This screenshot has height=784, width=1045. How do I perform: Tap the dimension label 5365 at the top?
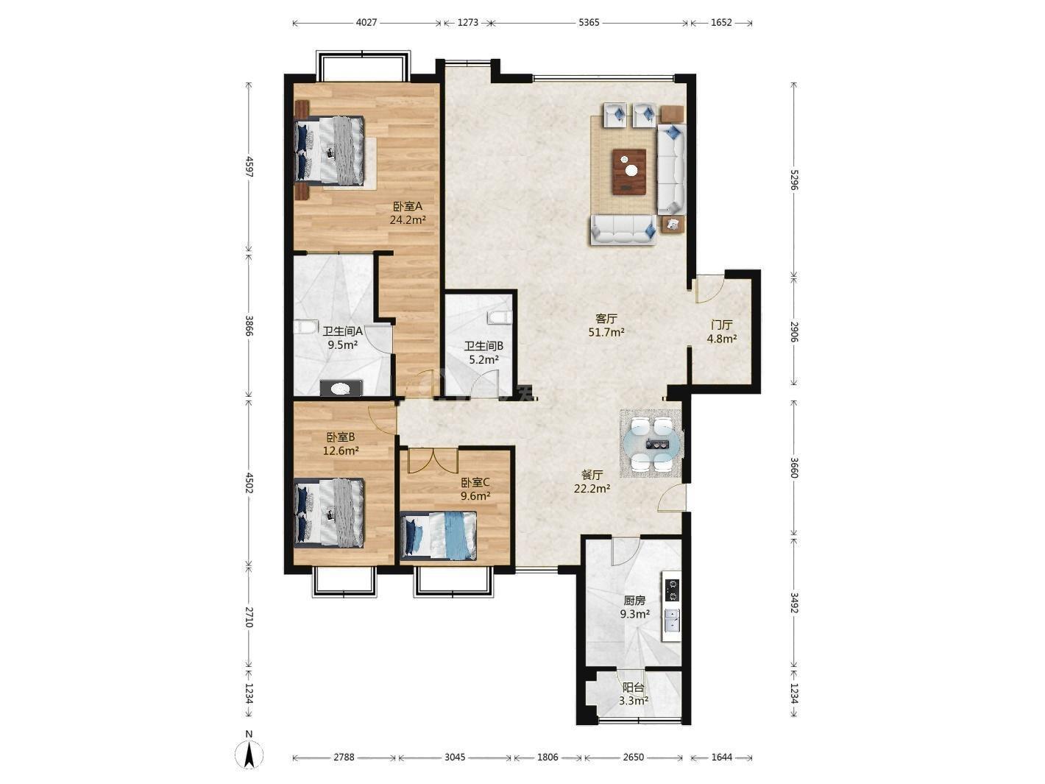pos(589,23)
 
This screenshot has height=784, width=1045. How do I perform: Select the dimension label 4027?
pos(366,23)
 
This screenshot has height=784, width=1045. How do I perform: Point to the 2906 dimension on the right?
pos(793,331)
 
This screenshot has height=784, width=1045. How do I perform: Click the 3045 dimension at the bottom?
pos(454,757)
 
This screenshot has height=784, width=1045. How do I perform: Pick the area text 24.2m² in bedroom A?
pos(408,220)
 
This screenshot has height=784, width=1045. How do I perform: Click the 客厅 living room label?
pos(606,319)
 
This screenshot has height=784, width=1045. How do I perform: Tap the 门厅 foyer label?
pos(721,325)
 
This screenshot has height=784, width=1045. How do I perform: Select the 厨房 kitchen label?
pos(634,601)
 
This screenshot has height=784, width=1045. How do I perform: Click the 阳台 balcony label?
pos(633,688)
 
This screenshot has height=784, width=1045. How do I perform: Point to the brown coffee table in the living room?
pos(629,172)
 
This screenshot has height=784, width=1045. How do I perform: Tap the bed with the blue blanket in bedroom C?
pos(439,535)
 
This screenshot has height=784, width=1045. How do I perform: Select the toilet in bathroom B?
pos(500,317)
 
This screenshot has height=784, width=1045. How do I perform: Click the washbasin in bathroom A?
pos(340,389)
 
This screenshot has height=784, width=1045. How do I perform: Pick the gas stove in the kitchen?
pos(672,591)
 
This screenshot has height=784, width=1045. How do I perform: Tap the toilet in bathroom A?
pos(305,328)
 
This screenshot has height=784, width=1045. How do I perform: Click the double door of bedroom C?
pos(433,460)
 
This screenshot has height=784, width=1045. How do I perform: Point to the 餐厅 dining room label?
pos(592,475)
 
